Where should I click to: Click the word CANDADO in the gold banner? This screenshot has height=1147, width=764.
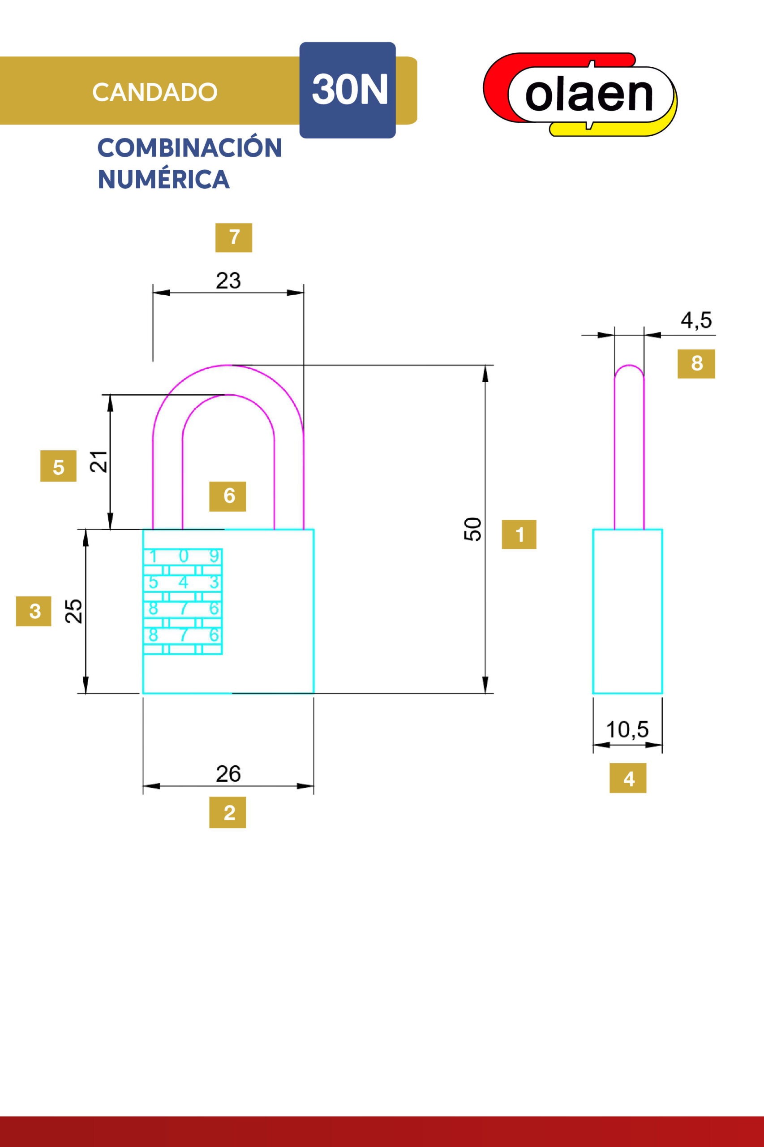pyautogui.click(x=155, y=92)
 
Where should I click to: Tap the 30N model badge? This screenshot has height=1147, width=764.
pyautogui.click(x=348, y=90)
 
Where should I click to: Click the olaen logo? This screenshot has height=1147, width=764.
pyautogui.click(x=580, y=94)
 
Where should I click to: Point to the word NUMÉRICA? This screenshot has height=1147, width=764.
pyautogui.click(x=164, y=179)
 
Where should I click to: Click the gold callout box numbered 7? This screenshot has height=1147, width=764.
pyautogui.click(x=234, y=237)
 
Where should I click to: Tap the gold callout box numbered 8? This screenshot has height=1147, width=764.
pyautogui.click(x=696, y=364)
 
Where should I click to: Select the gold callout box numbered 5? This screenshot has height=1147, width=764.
pyautogui.click(x=59, y=466)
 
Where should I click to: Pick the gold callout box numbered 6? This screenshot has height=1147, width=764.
pyautogui.click(x=227, y=496)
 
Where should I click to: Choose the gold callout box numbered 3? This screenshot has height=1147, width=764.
pyautogui.click(x=34, y=611)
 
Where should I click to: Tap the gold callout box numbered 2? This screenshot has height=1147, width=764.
pyautogui.click(x=227, y=812)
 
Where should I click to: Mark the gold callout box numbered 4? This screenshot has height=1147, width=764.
pyautogui.click(x=628, y=778)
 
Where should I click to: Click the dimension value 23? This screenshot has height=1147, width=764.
pyautogui.click(x=228, y=281)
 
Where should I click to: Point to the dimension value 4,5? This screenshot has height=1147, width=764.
pyautogui.click(x=696, y=320)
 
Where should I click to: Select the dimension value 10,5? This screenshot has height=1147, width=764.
pyautogui.click(x=627, y=730)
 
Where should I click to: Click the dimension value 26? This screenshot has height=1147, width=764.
pyautogui.click(x=228, y=774)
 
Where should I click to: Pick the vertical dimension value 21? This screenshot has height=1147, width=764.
pyautogui.click(x=99, y=461)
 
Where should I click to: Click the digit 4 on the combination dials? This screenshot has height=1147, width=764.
pyautogui.click(x=183, y=582)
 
